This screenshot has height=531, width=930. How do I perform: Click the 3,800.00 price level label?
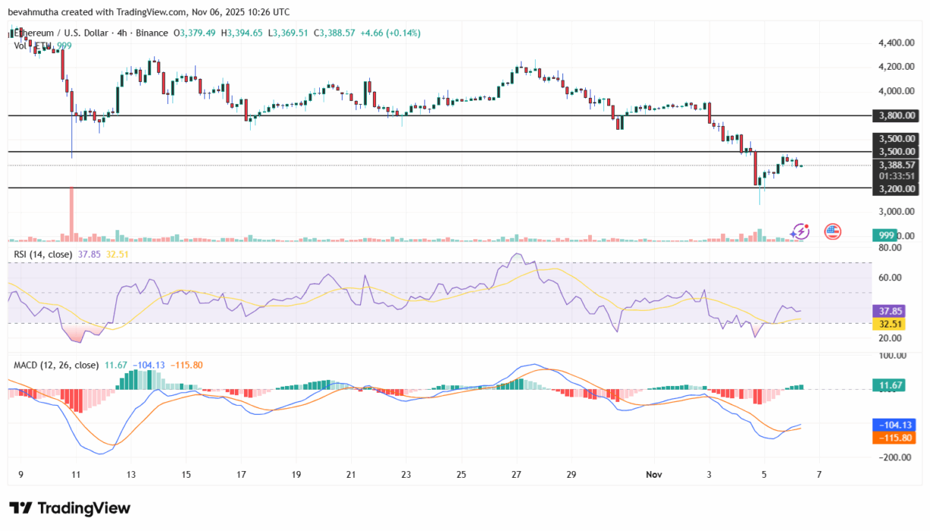point(897,115)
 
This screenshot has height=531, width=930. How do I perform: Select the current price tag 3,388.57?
point(897,165)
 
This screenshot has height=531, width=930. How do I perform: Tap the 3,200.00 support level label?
point(897,188)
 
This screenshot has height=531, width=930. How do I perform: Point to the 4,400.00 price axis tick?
point(897,43)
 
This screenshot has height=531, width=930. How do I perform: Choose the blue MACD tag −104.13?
point(897,425)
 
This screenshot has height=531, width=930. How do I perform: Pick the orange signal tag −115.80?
point(897,438)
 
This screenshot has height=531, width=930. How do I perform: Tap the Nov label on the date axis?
point(654,474)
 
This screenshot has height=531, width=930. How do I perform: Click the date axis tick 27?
point(516,474)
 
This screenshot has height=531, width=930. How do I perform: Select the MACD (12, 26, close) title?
point(56,365)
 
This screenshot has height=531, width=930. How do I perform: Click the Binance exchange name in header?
point(154,33)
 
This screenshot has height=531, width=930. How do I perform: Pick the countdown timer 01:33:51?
point(897,175)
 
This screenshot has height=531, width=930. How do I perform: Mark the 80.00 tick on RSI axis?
point(891,248)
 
